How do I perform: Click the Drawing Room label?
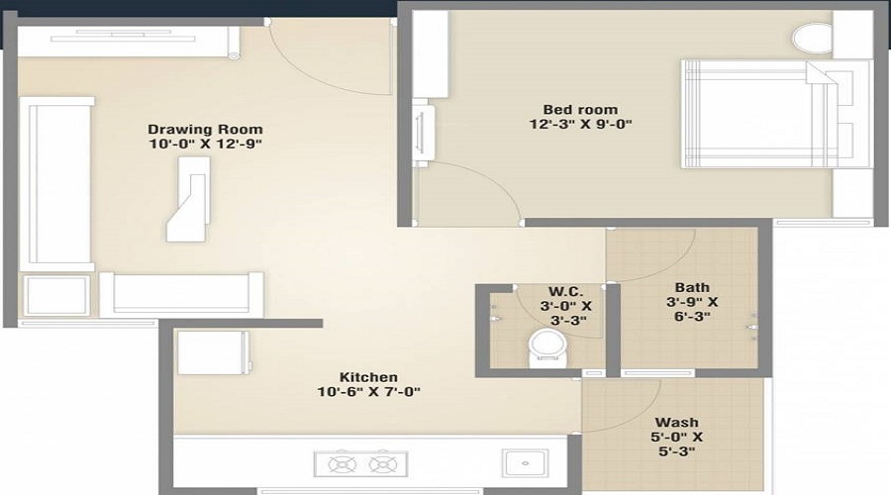click(205, 130)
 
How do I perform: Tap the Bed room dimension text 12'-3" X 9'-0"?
click(579, 125)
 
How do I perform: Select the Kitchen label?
click(368, 377)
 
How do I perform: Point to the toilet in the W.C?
click(544, 347)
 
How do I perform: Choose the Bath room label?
click(692, 288)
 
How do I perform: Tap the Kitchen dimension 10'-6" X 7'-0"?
click(368, 392)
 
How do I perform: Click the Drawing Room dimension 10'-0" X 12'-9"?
click(205, 145)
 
